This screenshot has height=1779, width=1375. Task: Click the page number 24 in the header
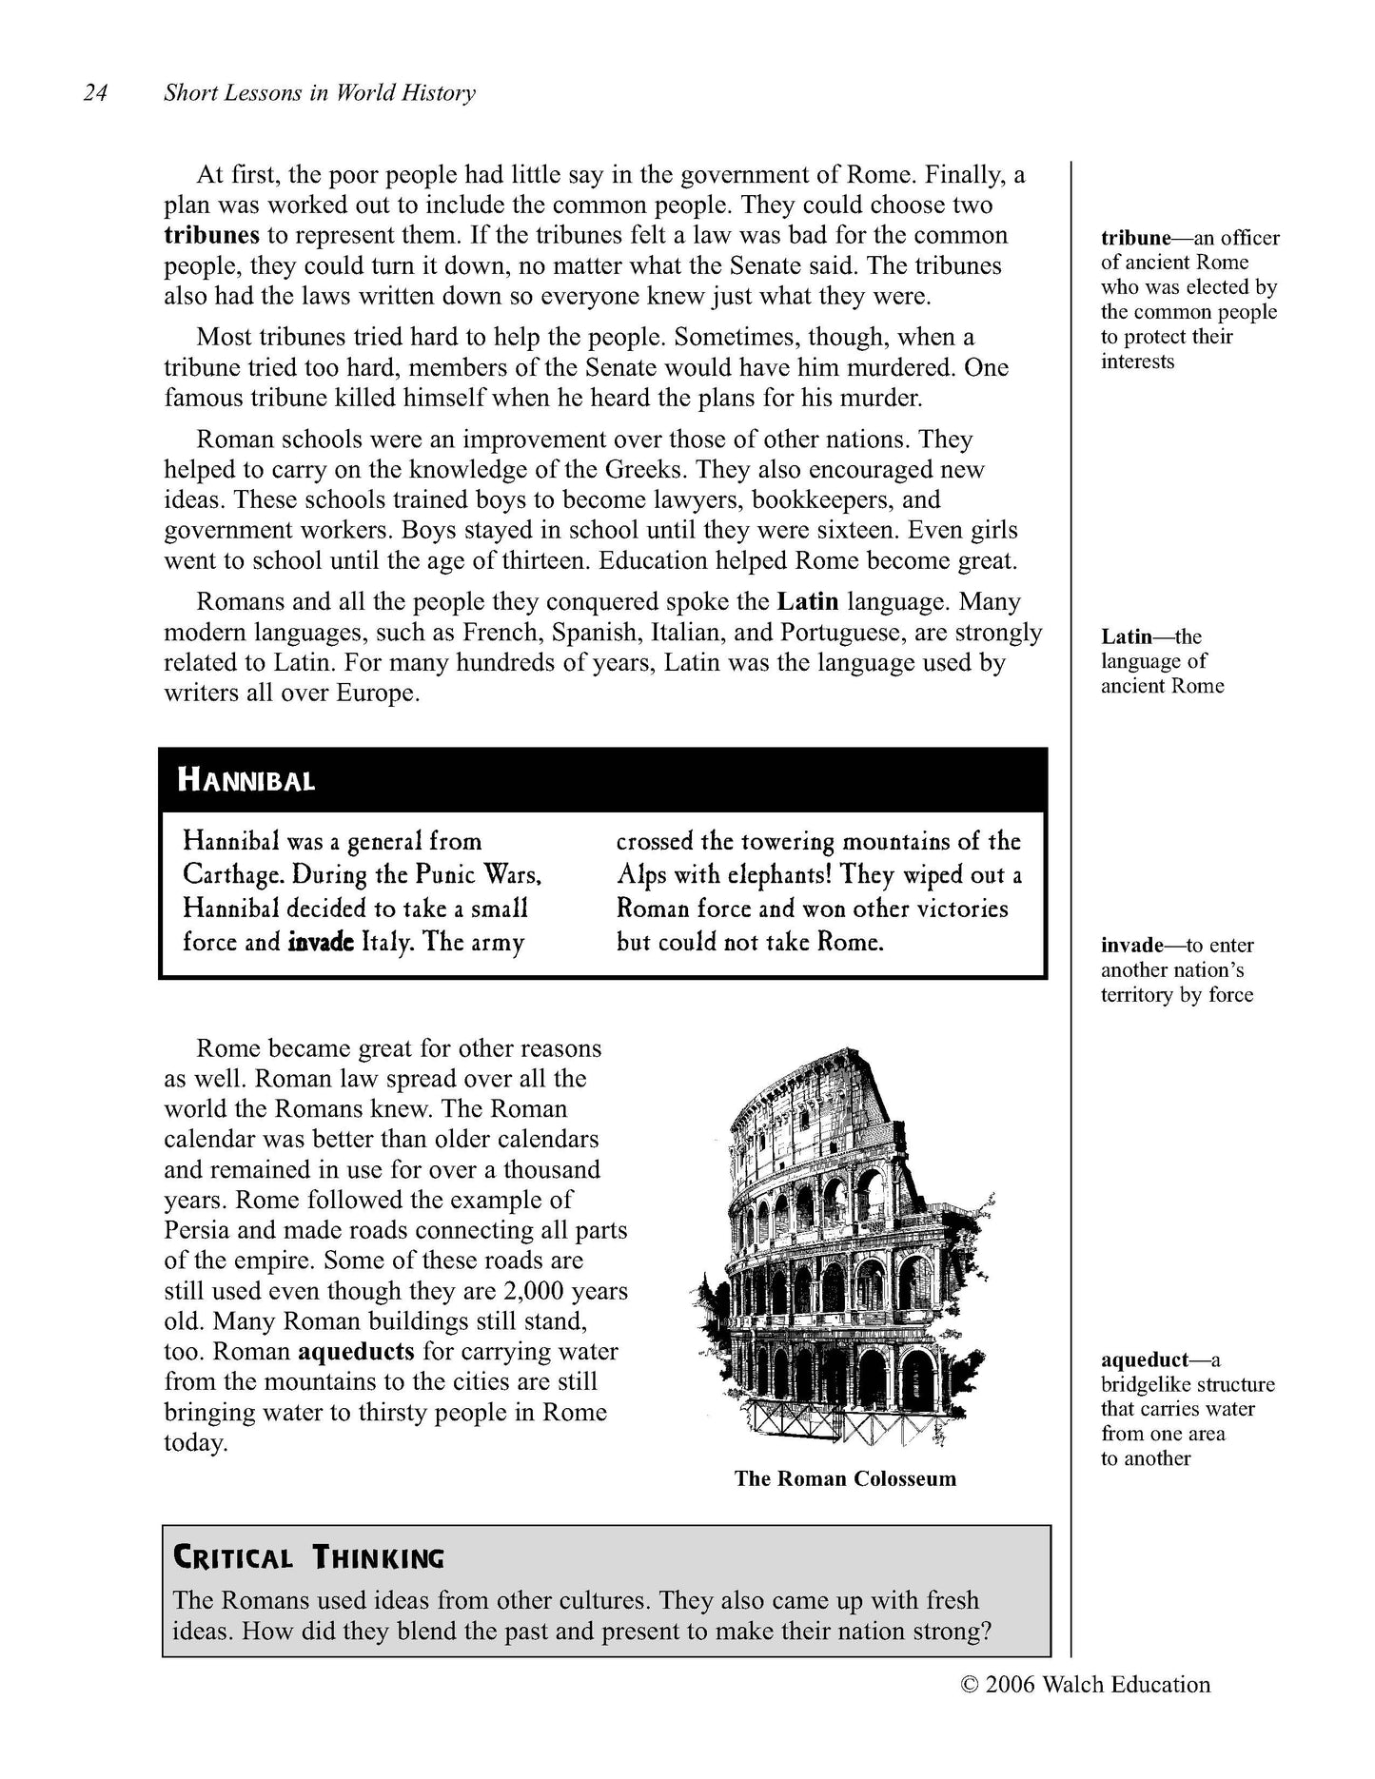pos(96,93)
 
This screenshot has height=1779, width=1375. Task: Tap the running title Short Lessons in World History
pos(319,93)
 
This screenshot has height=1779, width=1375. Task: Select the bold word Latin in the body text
pos(808,601)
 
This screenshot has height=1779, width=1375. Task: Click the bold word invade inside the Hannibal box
pos(321,942)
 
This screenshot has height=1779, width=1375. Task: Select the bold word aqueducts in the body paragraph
pos(356,1352)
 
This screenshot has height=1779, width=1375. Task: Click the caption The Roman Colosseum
pos(845,1478)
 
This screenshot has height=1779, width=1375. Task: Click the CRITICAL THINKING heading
pos(308,1558)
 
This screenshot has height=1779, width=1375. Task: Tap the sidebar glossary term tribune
pos(1135,238)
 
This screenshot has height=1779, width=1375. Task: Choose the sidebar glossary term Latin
pos(1127,636)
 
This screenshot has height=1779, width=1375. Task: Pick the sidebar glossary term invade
pos(1132,945)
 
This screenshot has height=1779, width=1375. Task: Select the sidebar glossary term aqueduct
pos(1145,1360)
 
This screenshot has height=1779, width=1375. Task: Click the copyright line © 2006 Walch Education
pos(1086,1685)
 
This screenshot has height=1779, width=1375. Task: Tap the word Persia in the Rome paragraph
pos(197,1230)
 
